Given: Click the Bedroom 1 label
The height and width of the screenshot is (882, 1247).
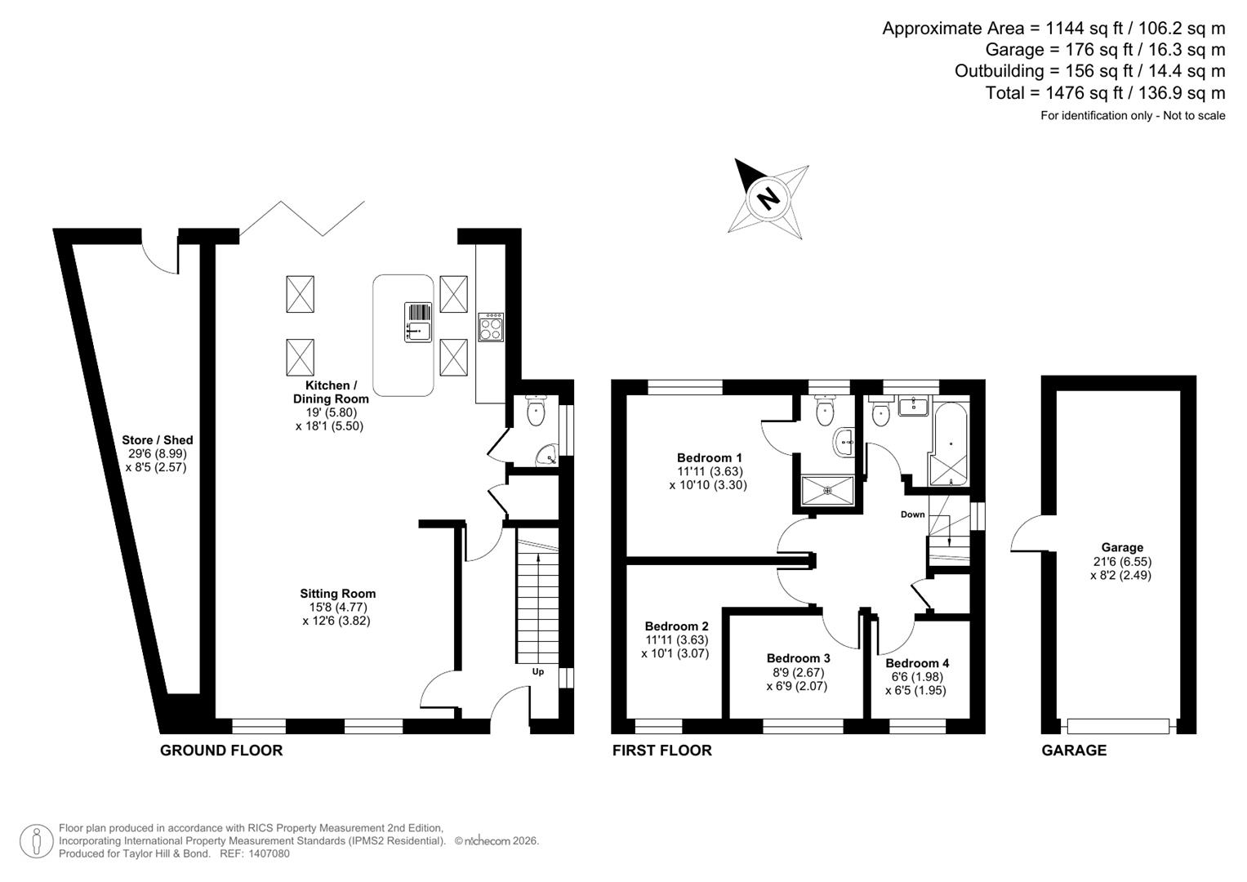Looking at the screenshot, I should [x=709, y=457].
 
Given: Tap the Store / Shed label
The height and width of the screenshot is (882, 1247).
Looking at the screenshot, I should [x=157, y=440].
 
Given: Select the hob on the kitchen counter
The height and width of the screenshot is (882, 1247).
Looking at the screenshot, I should [x=491, y=327].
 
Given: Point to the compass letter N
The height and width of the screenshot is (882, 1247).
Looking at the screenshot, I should [x=768, y=198].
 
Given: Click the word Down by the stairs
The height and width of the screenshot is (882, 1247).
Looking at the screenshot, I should [x=912, y=514].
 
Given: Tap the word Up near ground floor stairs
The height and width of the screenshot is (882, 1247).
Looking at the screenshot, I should [x=537, y=672].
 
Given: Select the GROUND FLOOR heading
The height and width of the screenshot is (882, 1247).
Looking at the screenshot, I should [x=220, y=751].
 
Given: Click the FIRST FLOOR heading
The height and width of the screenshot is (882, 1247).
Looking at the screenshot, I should [x=661, y=751].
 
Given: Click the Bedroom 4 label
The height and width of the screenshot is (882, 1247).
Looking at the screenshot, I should [x=916, y=663].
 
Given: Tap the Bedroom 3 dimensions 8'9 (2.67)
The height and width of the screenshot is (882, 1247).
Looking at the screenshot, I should [x=798, y=672].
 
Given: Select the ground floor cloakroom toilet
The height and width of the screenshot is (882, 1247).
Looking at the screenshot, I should [x=535, y=412].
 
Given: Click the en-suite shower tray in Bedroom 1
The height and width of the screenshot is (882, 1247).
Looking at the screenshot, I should [x=828, y=491].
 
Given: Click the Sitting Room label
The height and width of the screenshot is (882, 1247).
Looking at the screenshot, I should [x=337, y=594].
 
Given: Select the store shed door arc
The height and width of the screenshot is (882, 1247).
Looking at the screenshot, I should [x=159, y=257].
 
